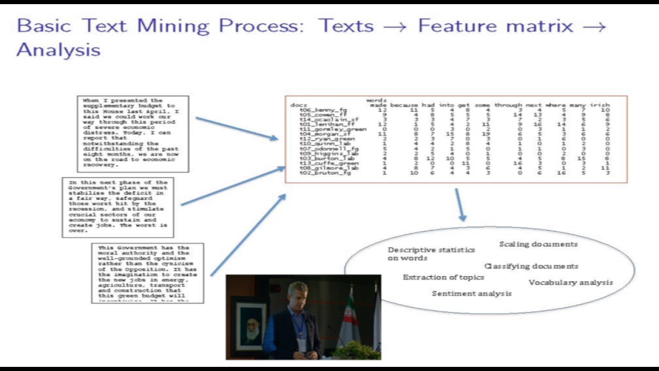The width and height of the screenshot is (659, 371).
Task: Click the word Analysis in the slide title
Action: (58, 50)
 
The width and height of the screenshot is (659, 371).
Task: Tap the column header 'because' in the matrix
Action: (404, 105)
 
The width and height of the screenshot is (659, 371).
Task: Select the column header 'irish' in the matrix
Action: (600, 105)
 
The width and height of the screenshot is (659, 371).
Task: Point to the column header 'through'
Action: (508, 105)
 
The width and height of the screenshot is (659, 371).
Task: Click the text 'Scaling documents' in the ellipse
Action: (538, 244)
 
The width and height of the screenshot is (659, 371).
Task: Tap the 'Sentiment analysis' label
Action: (472, 294)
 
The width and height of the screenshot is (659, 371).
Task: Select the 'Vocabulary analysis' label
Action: (570, 282)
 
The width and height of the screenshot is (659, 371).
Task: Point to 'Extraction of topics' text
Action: (443, 277)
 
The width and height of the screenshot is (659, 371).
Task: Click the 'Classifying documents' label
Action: (531, 266)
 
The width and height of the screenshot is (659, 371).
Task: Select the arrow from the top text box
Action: (236, 128)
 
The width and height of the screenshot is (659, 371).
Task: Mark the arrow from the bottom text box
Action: (248, 234)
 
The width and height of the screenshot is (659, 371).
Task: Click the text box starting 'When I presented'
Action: (133, 134)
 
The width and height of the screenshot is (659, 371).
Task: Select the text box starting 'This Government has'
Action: (147, 273)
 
